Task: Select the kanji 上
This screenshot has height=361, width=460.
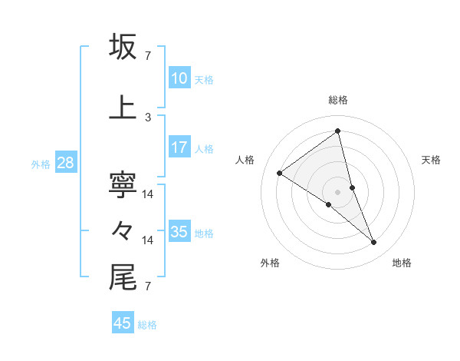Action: (x=123, y=108)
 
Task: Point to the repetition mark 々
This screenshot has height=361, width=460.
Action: (x=123, y=230)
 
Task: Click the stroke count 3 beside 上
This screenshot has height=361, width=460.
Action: (x=148, y=117)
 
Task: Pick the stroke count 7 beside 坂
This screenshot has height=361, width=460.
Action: (x=148, y=55)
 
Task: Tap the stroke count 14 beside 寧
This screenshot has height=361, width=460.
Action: (x=148, y=194)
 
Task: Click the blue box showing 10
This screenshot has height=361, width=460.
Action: (x=179, y=78)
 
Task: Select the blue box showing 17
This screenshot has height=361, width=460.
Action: (x=179, y=147)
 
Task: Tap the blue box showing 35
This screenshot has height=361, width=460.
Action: (x=179, y=232)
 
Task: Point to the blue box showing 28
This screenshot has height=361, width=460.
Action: (x=65, y=163)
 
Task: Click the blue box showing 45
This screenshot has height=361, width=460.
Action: (x=123, y=323)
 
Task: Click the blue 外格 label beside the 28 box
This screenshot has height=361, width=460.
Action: (x=41, y=164)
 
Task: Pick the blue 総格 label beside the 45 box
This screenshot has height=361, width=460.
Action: (x=147, y=324)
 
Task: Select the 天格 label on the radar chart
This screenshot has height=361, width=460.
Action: (x=431, y=160)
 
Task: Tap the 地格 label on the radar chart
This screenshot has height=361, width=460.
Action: (x=402, y=263)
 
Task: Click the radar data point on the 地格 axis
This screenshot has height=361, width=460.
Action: (x=374, y=243)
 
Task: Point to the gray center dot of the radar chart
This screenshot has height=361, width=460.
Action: (x=337, y=190)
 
